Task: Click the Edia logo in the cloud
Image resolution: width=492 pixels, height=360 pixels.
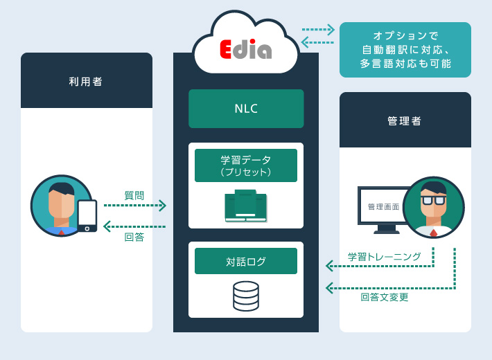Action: [x=245, y=48]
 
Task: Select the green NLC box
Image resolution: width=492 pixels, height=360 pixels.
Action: [x=246, y=109]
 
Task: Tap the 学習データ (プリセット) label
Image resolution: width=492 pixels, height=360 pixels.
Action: [x=246, y=165]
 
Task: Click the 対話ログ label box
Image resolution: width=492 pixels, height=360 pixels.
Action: [x=246, y=261]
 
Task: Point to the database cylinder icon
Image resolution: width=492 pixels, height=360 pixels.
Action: [x=246, y=296]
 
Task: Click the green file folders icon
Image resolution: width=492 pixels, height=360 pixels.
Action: [x=246, y=206]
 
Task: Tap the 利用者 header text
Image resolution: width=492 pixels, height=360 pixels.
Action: [x=86, y=81]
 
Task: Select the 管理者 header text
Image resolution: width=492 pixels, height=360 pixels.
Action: [x=405, y=120]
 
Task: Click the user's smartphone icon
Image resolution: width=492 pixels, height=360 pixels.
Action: [x=87, y=215]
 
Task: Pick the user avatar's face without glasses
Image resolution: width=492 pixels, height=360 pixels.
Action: [x=61, y=205]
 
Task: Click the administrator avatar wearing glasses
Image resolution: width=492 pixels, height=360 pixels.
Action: [x=434, y=207]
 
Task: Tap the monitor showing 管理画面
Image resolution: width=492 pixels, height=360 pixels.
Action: [x=383, y=207]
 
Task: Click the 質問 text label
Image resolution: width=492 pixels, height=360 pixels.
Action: [x=134, y=195]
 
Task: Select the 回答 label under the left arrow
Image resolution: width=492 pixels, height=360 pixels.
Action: [x=134, y=237]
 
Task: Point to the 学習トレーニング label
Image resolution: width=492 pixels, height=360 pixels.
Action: [x=385, y=257]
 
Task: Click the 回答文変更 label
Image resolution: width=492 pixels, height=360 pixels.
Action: [x=385, y=297]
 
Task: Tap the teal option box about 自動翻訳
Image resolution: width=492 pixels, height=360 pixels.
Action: [x=405, y=49]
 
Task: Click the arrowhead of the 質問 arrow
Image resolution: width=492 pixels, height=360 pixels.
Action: [x=162, y=206]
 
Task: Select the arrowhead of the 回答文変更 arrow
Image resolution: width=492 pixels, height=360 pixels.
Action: [x=330, y=288]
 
